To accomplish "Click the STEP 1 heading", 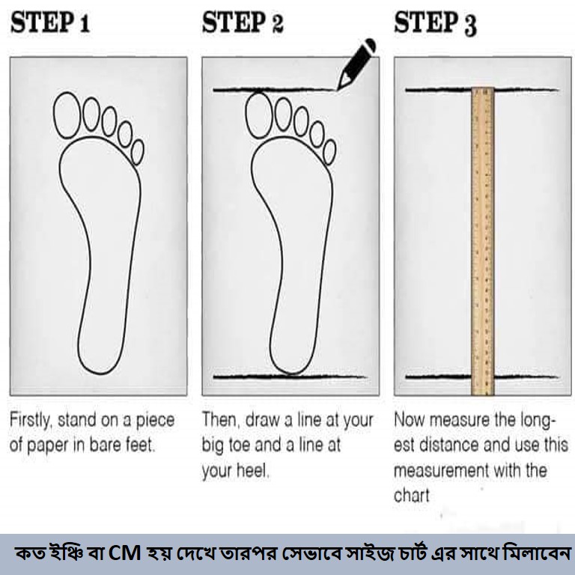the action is click(x=50, y=22).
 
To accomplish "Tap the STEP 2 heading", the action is click(x=243, y=22).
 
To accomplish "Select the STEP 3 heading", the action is click(x=435, y=23).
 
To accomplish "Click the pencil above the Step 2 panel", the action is click(x=356, y=64).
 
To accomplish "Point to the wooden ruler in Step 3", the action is click(x=483, y=241).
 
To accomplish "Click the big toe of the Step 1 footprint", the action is click(x=67, y=115).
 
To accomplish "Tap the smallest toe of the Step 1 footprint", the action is click(x=138, y=152).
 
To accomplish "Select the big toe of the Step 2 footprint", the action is click(x=259, y=115).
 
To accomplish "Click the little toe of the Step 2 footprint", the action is click(x=329, y=152).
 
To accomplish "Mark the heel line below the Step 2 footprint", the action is click(x=290, y=377).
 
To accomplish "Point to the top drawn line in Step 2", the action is click(x=275, y=90).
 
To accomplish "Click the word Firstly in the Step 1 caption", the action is click(x=31, y=421).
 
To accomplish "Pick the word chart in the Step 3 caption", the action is click(x=412, y=496).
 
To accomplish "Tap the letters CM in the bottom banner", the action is click(x=125, y=553).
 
